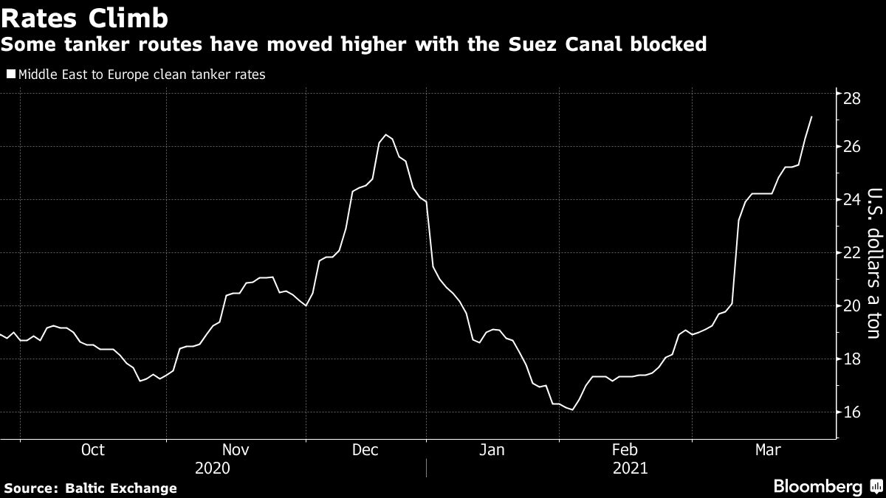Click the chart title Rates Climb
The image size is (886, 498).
(x=84, y=18)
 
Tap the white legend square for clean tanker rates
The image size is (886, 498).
(x=10, y=75)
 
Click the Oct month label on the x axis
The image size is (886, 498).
(x=93, y=449)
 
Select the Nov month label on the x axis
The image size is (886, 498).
(x=236, y=449)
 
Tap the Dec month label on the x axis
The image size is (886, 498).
(x=366, y=449)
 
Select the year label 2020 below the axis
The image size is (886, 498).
(x=212, y=468)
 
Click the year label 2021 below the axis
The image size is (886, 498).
(x=629, y=468)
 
